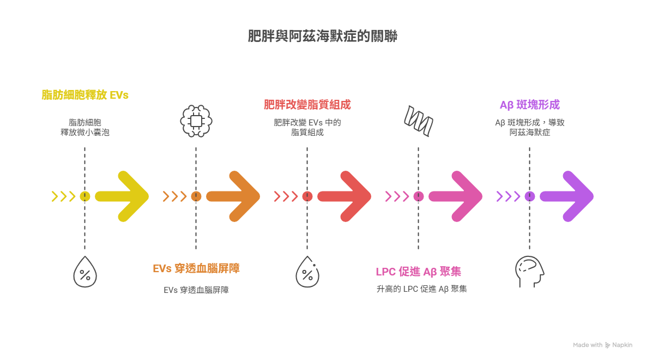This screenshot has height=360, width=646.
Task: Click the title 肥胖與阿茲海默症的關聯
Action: (323, 37)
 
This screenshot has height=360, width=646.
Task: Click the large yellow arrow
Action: (123, 196)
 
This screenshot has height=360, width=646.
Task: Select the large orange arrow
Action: (234, 196)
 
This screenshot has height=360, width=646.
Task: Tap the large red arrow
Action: (345, 196)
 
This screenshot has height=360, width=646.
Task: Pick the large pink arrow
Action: (456, 196)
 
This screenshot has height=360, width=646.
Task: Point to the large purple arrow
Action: (567, 196)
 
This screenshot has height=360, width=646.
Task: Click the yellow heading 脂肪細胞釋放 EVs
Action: (85, 95)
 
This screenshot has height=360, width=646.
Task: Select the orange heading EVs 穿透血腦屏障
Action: (196, 268)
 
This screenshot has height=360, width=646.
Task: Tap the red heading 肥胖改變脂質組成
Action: (307, 104)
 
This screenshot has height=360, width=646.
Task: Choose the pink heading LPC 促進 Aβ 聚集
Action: (419, 272)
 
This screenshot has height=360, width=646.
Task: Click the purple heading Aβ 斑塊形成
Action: (529, 105)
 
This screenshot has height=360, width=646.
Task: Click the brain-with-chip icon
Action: (196, 121)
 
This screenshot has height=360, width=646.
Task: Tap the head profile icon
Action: (529, 272)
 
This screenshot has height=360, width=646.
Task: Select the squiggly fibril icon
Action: (419, 121)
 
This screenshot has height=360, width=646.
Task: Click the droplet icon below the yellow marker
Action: (85, 272)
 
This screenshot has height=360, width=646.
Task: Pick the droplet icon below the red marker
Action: (307, 272)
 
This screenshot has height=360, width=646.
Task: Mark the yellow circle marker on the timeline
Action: (85, 196)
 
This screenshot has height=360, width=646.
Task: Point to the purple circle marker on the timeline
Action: (529, 196)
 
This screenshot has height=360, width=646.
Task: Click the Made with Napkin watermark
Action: (602, 345)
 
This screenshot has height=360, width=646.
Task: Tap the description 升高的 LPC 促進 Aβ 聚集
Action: (421, 289)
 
